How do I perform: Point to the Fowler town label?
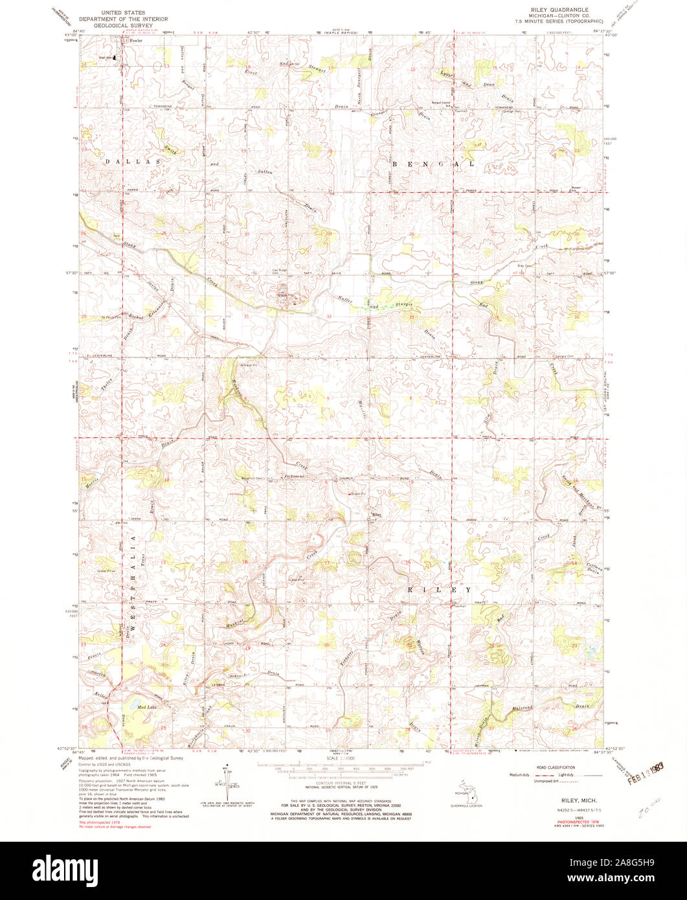(x=135, y=41)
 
